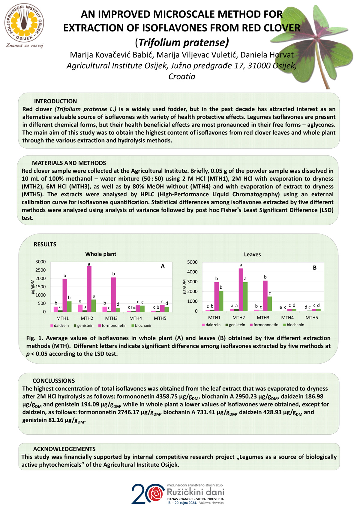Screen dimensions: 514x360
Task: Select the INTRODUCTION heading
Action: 55,101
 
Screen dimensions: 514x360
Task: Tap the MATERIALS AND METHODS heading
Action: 69,163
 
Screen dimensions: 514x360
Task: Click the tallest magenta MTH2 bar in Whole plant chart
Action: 89,289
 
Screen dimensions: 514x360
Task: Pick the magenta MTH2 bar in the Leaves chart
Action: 241,290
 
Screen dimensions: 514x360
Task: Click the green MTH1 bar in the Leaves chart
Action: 221,301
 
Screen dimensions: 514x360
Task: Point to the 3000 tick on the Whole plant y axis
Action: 40,262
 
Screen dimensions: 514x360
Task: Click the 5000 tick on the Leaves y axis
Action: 192,262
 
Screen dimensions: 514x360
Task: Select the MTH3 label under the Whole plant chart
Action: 111,318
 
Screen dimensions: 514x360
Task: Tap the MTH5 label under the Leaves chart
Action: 312,318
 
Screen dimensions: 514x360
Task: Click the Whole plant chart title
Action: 101,254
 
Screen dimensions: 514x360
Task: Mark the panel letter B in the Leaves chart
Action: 315,268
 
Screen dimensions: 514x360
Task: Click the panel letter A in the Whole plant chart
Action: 163,266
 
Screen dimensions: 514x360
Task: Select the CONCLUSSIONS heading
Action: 54,381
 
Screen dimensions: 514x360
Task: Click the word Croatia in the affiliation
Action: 182,77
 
